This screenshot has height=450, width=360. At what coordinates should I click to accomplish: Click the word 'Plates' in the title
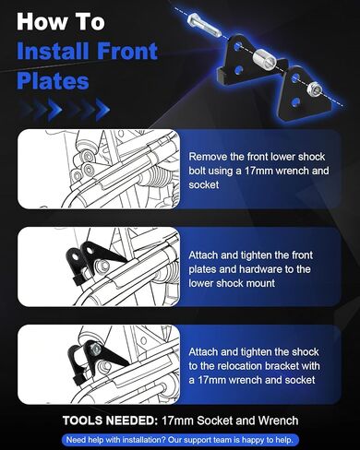pos(53,81)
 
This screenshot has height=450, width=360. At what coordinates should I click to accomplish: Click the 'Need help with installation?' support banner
pos(180,439)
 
